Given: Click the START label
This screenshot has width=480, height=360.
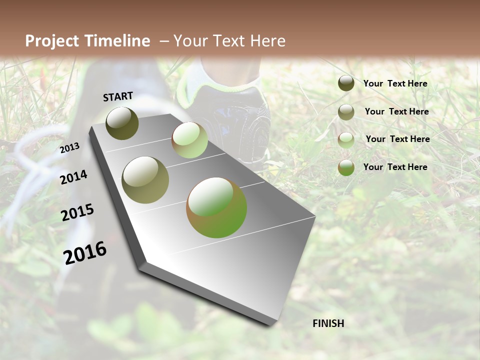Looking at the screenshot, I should point(118,96).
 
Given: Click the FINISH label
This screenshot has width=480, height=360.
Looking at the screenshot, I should point(328,323).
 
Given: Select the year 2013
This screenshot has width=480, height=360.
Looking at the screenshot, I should point(69,148).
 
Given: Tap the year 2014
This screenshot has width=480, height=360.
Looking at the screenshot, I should point(73,177).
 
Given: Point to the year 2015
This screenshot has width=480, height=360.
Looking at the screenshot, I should point(77,212).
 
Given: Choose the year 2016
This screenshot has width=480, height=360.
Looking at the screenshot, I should point(85,253).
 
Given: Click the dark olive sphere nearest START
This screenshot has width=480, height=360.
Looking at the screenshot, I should point(122,123).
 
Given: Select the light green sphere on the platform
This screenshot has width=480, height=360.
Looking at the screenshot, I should point(189,140).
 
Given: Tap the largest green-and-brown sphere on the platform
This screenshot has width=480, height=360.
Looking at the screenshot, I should point(216,207).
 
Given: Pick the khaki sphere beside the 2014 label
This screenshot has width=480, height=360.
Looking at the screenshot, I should point(145,180).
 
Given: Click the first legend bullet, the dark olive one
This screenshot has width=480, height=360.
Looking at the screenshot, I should point(346,83).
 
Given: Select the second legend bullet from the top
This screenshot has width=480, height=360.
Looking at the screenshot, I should point(346,112).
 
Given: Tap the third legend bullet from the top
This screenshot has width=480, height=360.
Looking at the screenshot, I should point(346,140).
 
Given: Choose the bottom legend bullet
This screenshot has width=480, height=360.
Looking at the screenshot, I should point(346,167).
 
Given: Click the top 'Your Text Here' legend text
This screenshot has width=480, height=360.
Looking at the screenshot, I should point(395,83).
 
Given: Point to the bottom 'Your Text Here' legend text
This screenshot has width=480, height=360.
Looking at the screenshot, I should point(395,167).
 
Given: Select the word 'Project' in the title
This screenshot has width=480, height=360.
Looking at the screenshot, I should point(51,41).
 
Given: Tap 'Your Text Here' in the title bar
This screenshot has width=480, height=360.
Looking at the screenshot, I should point(229,41).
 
